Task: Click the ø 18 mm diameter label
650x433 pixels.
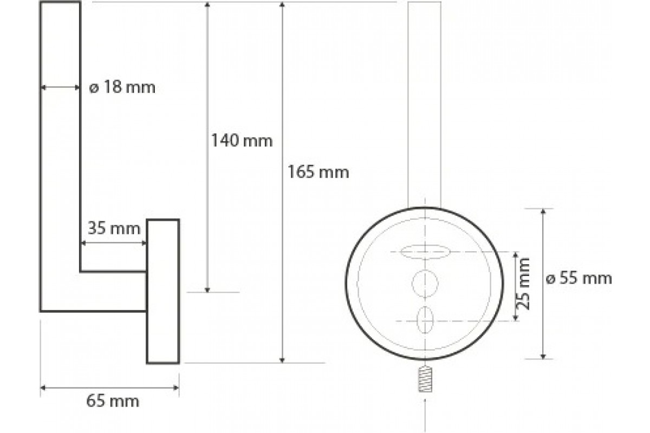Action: pyautogui.click(x=122, y=87)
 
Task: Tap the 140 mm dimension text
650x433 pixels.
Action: pyautogui.click(x=242, y=141)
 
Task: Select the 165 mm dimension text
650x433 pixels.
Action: pyautogui.click(x=318, y=172)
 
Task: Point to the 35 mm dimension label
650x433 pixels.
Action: pyautogui.click(x=114, y=228)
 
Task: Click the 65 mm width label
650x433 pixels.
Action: pyautogui.click(x=113, y=402)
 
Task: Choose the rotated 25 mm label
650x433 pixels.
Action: pyautogui.click(x=523, y=284)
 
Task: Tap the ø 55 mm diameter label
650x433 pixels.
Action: pyautogui.click(x=578, y=278)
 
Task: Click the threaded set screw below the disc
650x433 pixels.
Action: pyautogui.click(x=425, y=379)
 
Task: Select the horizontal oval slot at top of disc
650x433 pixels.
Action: pyautogui.click(x=425, y=252)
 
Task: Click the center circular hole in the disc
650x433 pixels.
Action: pyautogui.click(x=425, y=284)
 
